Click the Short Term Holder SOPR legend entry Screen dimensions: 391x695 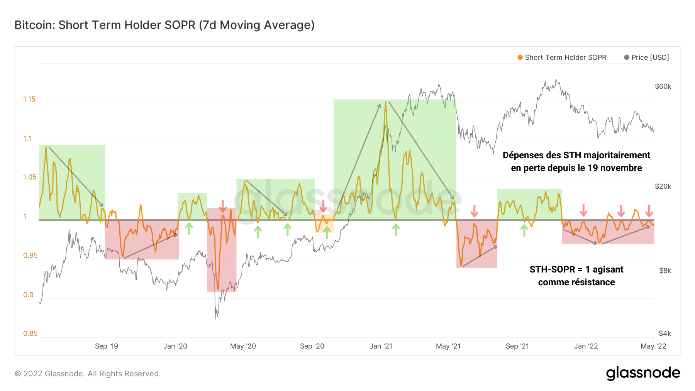pos(562,58)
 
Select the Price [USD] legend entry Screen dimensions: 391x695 pos(647,58)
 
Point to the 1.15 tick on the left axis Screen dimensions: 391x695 pos(29,99)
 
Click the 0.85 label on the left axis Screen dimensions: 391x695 pos(30,333)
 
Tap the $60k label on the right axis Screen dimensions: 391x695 pos(663,86)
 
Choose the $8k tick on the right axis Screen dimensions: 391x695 pos(665,271)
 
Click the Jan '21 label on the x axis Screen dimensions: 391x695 pos(381,346)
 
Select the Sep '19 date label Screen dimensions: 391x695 pos(107,346)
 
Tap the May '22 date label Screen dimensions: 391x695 pos(653,346)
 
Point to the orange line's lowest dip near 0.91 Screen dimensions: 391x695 pos(218,289)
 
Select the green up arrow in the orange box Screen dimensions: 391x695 pos(327,232)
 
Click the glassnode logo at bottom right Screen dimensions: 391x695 pos(643,373)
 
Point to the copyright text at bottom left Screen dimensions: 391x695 pos(88,374)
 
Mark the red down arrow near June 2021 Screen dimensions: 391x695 pos(475,211)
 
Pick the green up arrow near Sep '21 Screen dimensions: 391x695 pos(524,230)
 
